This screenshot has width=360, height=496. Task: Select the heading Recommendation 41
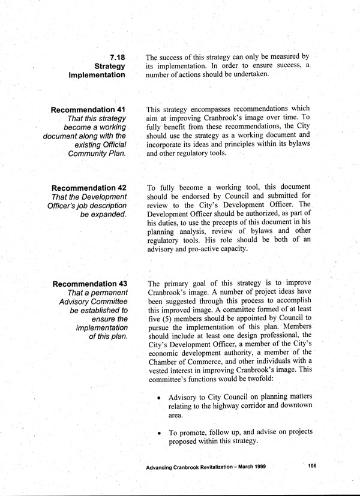(89, 110)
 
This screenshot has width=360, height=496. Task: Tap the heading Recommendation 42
(89, 188)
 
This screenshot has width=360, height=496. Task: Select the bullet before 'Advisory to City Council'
(158, 398)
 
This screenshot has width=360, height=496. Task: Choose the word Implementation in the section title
(97, 76)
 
